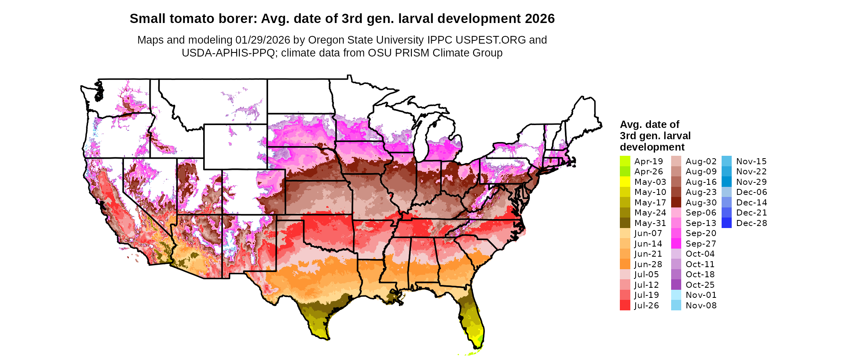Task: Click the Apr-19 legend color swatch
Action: (x=625, y=161)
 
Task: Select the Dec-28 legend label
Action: (x=751, y=223)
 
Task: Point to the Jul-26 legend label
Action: (x=646, y=306)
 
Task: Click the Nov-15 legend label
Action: (x=751, y=161)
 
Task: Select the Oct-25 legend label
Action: (x=700, y=285)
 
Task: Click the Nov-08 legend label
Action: (x=701, y=306)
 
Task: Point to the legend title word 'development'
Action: (x=652, y=147)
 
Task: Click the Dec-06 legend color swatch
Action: (x=726, y=192)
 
